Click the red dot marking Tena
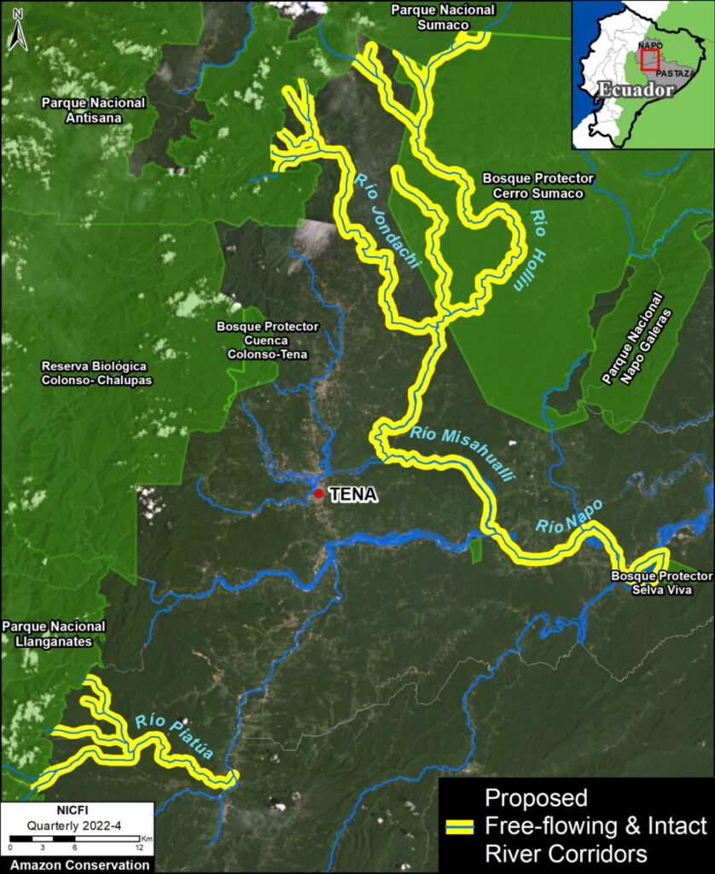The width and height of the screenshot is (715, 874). coord(318,493)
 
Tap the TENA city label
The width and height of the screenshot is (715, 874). coord(352,494)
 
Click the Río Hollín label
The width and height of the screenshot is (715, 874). coord(526,250)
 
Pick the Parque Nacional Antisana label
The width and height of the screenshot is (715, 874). coord(93,110)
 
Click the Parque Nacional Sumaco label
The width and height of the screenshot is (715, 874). coord(443,17)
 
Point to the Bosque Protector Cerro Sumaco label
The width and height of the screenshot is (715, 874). coord(538,185)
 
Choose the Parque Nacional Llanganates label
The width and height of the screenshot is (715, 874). coord(54,633)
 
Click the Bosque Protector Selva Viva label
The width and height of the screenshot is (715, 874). coord(661,584)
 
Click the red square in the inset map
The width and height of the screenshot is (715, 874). coord(650,59)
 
